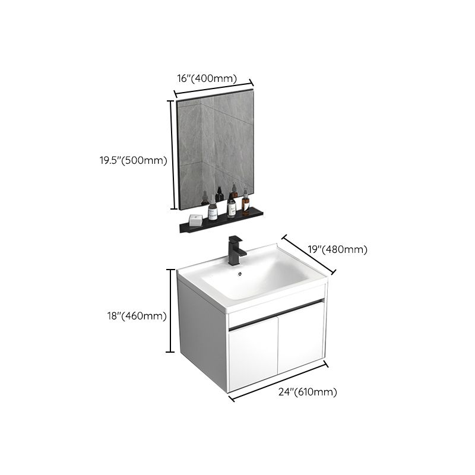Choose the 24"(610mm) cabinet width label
coord(309,392)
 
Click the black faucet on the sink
coord(236,249)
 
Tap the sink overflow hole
coord(240,274)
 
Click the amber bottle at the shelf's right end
coord(246,202)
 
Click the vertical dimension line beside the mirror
coord(172,154)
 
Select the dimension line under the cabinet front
coord(278,382)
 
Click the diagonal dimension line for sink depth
coord(309,254)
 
